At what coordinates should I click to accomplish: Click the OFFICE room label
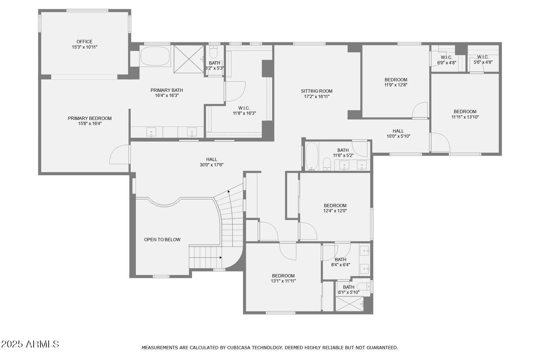click(84, 42)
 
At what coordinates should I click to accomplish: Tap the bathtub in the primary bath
click(155, 56)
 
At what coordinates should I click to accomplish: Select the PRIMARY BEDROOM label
click(90, 118)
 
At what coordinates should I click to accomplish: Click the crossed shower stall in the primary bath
click(189, 59)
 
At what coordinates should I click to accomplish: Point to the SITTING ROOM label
click(317, 91)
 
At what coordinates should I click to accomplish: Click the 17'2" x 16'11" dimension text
click(317, 97)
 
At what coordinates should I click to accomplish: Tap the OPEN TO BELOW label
click(162, 239)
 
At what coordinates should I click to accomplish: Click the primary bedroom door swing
click(119, 154)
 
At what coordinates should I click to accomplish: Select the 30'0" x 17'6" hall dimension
click(212, 165)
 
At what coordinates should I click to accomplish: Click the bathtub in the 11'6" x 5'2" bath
click(312, 156)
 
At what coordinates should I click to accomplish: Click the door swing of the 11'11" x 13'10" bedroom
click(440, 143)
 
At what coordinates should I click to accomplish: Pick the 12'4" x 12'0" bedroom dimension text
click(335, 211)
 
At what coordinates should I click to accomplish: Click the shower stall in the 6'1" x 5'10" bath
click(350, 304)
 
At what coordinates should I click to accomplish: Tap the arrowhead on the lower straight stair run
click(220, 257)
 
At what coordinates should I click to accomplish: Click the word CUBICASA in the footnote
click(238, 348)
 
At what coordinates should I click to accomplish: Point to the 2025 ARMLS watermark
click(30, 344)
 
